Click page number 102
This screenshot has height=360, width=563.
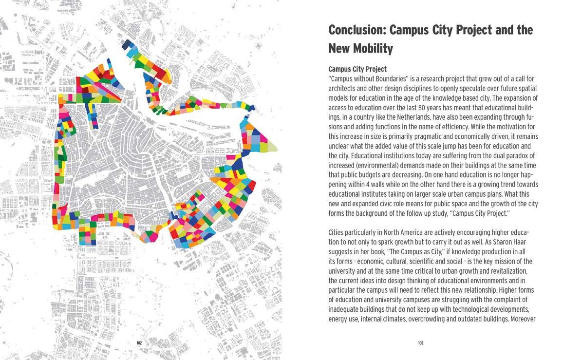pyautogui.click(x=139, y=343)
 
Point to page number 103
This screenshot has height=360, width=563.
pyautogui.click(x=421, y=343)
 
